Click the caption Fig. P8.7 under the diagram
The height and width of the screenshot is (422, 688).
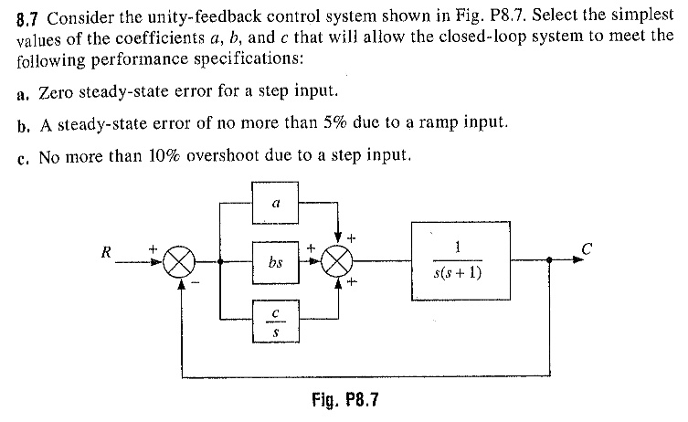[x=344, y=399]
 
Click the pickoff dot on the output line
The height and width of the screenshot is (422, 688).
[x=548, y=259]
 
